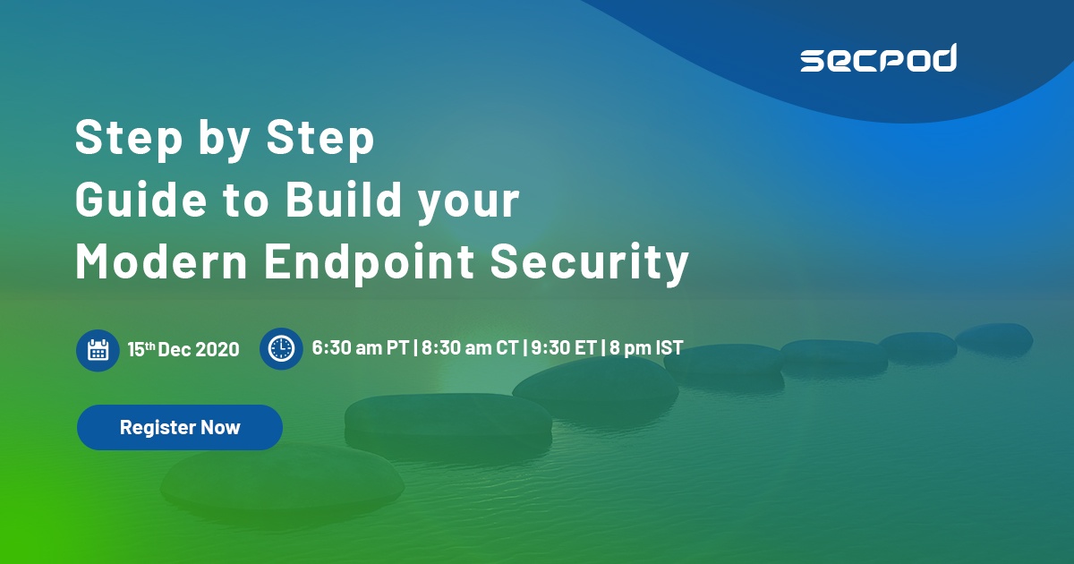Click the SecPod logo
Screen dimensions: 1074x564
878,58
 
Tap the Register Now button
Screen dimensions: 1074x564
180,427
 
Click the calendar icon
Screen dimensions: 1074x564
98,350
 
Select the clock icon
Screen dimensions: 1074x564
281,348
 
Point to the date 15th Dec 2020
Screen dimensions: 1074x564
183,349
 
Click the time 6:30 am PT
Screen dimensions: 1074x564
360,347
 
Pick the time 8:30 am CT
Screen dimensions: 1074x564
470,347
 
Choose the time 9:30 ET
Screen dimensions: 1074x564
564,347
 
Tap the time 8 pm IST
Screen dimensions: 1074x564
646,347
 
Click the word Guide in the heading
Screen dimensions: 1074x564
141,199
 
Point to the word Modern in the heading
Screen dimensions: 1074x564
161,261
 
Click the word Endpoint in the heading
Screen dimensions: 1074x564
369,264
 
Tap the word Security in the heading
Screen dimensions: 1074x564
590,264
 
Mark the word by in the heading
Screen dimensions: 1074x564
225,139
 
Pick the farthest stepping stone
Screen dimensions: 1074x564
994,338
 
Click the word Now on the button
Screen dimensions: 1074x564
220,427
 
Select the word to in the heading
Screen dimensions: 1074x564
245,201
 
